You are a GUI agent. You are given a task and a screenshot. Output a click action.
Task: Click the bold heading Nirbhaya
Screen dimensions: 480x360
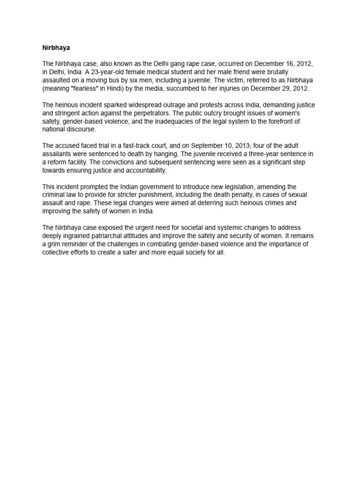pyautogui.click(x=56, y=48)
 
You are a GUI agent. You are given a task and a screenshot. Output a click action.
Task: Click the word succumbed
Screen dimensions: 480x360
pyautogui.click(x=180, y=89)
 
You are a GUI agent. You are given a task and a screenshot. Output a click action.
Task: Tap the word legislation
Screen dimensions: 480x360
pyautogui.click(x=251, y=187)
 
